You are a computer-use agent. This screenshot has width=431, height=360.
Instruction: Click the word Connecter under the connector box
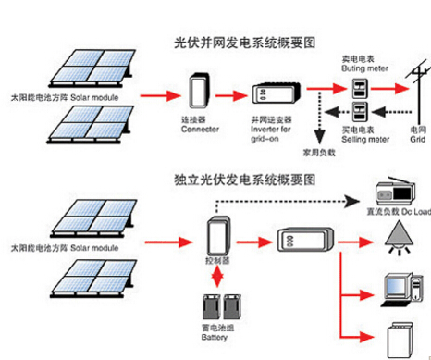(x=201, y=130)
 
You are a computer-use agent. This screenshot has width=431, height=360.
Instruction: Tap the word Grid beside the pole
(x=418, y=140)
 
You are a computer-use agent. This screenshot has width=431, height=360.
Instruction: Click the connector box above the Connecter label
(x=200, y=93)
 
